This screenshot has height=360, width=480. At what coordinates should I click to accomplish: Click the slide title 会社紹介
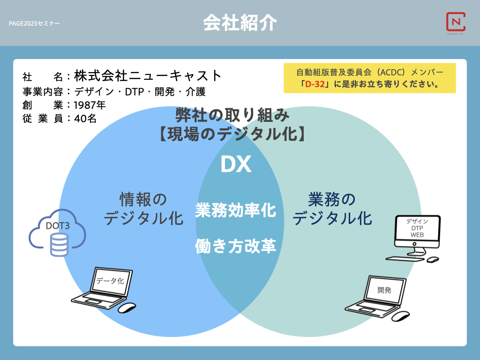click(240, 22)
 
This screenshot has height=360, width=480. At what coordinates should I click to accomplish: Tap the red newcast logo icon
click(456, 22)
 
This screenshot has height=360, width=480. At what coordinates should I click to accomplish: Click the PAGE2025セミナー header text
click(34, 23)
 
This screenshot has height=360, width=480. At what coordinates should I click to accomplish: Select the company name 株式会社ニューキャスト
click(148, 75)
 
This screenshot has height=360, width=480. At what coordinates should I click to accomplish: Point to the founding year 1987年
click(90, 105)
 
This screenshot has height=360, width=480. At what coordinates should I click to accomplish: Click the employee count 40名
click(85, 119)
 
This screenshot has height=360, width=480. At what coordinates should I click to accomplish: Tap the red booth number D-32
click(315, 84)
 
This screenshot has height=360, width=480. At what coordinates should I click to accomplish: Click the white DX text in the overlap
click(236, 165)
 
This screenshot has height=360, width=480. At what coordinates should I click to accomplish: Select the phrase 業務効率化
click(236, 210)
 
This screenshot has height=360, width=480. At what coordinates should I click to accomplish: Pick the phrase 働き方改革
click(236, 246)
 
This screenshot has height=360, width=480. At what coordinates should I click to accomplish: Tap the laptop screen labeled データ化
click(111, 281)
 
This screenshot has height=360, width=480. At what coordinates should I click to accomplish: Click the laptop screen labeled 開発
click(384, 290)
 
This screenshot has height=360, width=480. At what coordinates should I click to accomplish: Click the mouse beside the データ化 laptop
click(127, 307)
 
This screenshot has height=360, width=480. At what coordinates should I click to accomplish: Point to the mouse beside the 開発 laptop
click(401, 316)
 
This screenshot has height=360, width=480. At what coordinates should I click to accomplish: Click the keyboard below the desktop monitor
click(405, 259)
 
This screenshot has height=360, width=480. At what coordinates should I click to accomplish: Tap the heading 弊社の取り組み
click(232, 115)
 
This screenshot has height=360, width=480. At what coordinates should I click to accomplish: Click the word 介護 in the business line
click(195, 91)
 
